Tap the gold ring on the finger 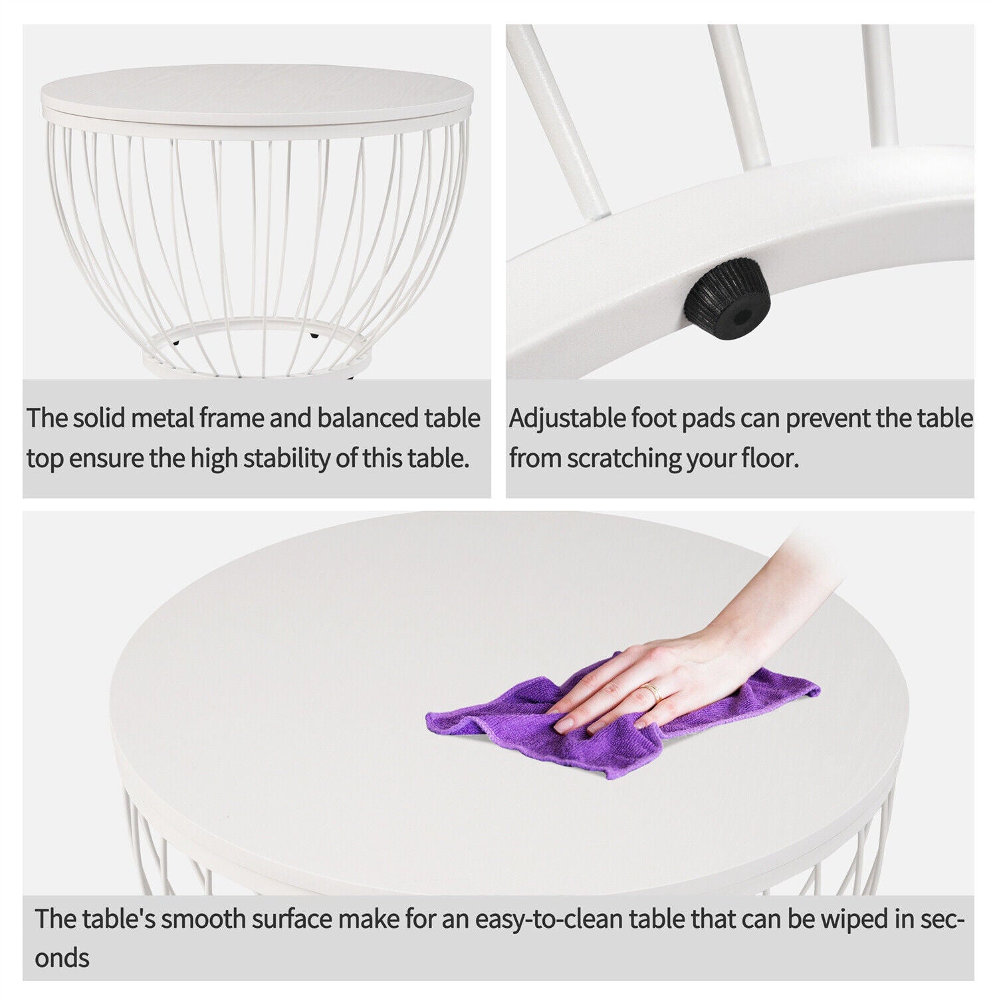653,693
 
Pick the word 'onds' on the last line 62,958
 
